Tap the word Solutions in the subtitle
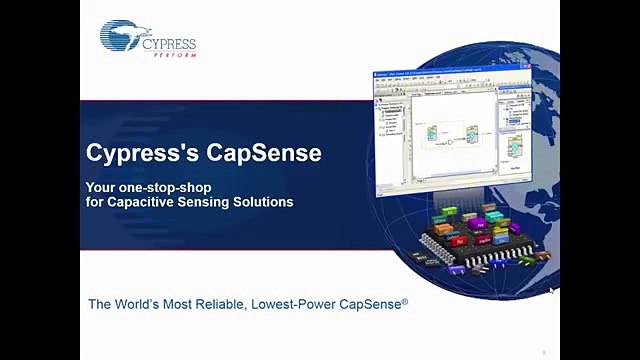coord(261,201)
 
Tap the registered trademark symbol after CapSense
coord(405,299)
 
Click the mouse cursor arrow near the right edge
coord(552,291)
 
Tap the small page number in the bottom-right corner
coord(543,351)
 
